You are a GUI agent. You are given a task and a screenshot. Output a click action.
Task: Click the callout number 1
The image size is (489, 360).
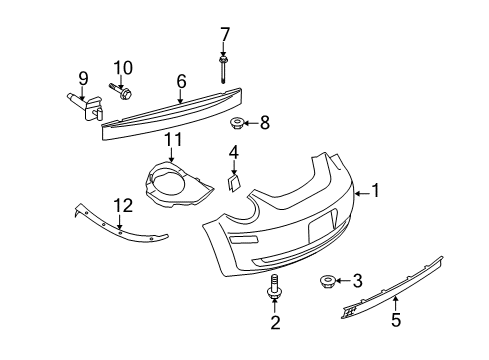coord(376,190)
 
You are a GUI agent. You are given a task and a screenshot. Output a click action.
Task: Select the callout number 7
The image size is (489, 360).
coord(225,35)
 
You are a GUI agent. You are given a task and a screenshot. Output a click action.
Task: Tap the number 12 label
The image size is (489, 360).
coord(123,205)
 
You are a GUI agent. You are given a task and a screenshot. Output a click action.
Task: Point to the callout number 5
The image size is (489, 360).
coord(396,320)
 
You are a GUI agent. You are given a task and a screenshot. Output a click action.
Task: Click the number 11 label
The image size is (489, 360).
coord(173,139)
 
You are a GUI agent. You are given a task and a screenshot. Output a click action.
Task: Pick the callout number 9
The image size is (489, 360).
coord(83,79)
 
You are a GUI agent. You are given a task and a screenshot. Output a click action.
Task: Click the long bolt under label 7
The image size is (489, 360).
coord(223,71)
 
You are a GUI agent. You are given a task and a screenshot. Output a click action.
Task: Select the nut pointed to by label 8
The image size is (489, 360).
coord(236,123)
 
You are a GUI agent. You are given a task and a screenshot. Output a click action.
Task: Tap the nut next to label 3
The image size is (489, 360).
coord(326,281)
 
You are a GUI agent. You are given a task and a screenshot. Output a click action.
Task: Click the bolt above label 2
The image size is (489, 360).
coord(273,286)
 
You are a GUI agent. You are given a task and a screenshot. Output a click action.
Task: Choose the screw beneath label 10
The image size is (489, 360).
coord(120,92)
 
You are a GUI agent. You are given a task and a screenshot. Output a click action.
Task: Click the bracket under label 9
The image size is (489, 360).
coord(87,106)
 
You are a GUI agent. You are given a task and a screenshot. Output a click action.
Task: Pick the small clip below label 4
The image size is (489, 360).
coord(233,183)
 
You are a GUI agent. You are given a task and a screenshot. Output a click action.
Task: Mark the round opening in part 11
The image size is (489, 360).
coord(169,182)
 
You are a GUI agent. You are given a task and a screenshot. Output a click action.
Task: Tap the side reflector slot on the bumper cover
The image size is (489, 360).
coord(243,238)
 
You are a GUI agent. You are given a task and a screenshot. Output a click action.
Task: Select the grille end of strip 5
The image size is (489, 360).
coord(349,312)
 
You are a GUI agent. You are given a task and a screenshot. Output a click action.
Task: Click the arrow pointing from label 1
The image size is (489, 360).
coord(362,193)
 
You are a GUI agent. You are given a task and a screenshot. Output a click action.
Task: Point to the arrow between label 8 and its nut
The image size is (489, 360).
coord(251,123)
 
